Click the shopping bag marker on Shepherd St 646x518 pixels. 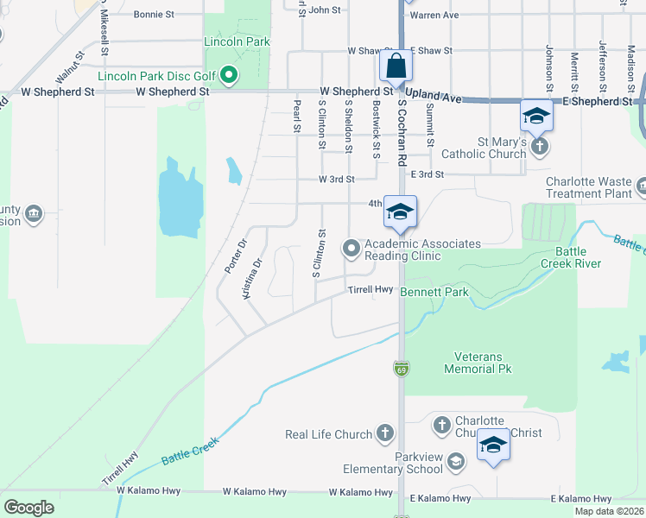coord(396,66)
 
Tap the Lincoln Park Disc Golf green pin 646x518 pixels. coord(230,76)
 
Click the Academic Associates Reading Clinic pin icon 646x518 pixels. coord(351,250)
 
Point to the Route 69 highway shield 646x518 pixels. coord(402,369)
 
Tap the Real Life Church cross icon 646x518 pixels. coord(384,433)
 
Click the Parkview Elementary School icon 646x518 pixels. coord(455,463)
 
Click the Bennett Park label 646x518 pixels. coord(434,293)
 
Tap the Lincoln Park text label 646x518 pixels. coord(237,41)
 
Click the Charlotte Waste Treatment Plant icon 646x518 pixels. coord(641,186)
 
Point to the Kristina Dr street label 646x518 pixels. coord(251,279)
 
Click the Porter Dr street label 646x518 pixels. coord(231,256)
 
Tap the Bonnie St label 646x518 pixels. coord(155,15)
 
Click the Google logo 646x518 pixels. coord(28,508)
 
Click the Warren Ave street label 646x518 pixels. coord(434,15)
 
